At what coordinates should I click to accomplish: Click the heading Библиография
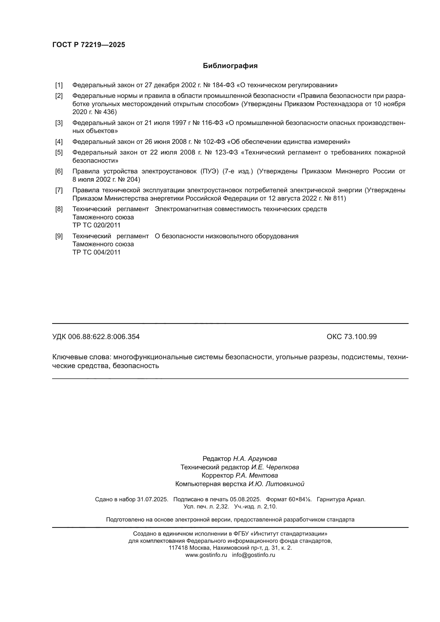(230, 66)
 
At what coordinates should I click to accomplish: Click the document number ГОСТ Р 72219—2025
(89, 45)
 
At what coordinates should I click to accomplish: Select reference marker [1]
(59, 85)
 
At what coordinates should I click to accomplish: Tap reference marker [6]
(59, 171)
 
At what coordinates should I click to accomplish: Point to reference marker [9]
(59, 236)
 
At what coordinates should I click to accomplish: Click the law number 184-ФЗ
(223, 85)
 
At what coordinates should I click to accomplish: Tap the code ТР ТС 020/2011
(96, 225)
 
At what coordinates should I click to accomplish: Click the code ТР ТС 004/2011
(96, 252)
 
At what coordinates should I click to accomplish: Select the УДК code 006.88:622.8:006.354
(104, 337)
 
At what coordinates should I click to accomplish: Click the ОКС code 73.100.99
(360, 337)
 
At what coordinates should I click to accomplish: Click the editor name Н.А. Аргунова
(255, 459)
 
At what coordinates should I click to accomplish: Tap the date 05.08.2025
(245, 499)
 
